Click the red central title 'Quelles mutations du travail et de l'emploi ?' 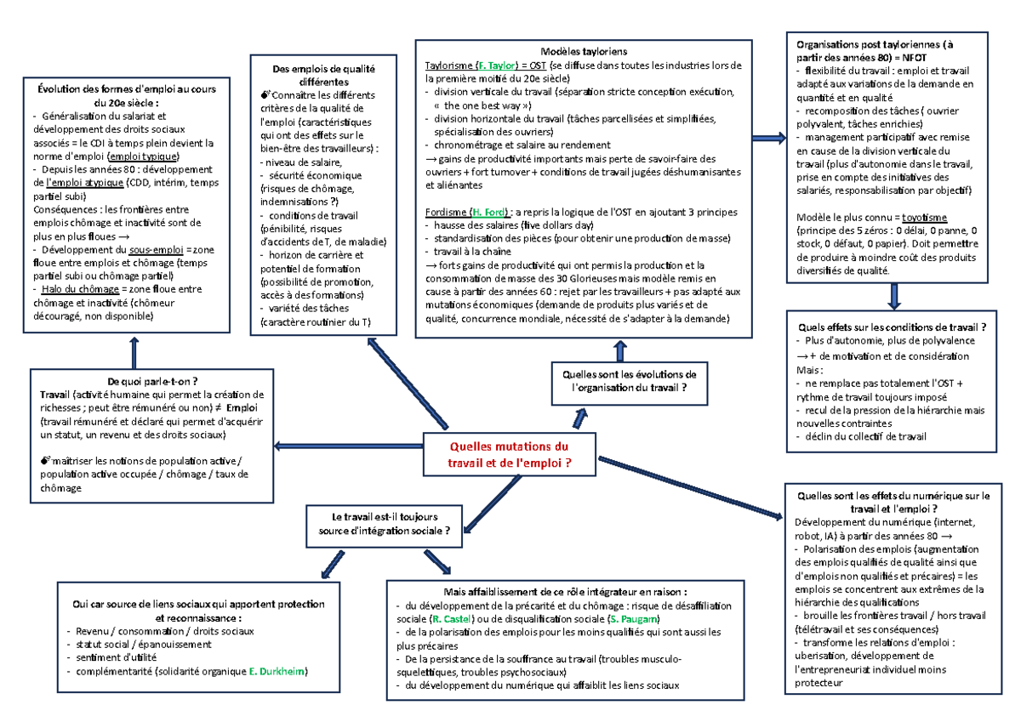tap(510, 454)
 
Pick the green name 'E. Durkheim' tap(277, 672)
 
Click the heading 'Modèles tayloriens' tap(583, 51)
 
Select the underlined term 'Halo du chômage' tap(63, 289)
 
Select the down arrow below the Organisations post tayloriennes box tap(893, 295)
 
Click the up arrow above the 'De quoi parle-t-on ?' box tap(134, 351)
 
